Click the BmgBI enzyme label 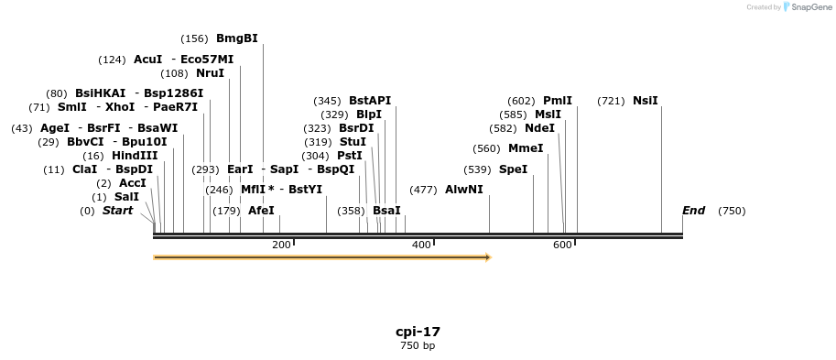(x=237, y=38)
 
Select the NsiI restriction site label (x=645, y=101)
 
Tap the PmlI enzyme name (x=557, y=101)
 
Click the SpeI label (x=513, y=169)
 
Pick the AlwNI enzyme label (x=463, y=190)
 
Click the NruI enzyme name (x=210, y=73)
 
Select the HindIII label (x=134, y=156)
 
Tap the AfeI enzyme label (x=261, y=211)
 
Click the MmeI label (x=526, y=148)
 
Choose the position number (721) (x=611, y=101)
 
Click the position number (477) (x=423, y=190)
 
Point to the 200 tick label (x=281, y=245)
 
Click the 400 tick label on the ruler (x=421, y=245)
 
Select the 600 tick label (x=562, y=245)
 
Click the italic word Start (x=117, y=211)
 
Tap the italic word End (x=693, y=211)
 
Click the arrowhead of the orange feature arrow (x=488, y=257)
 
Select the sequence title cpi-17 (x=418, y=332)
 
